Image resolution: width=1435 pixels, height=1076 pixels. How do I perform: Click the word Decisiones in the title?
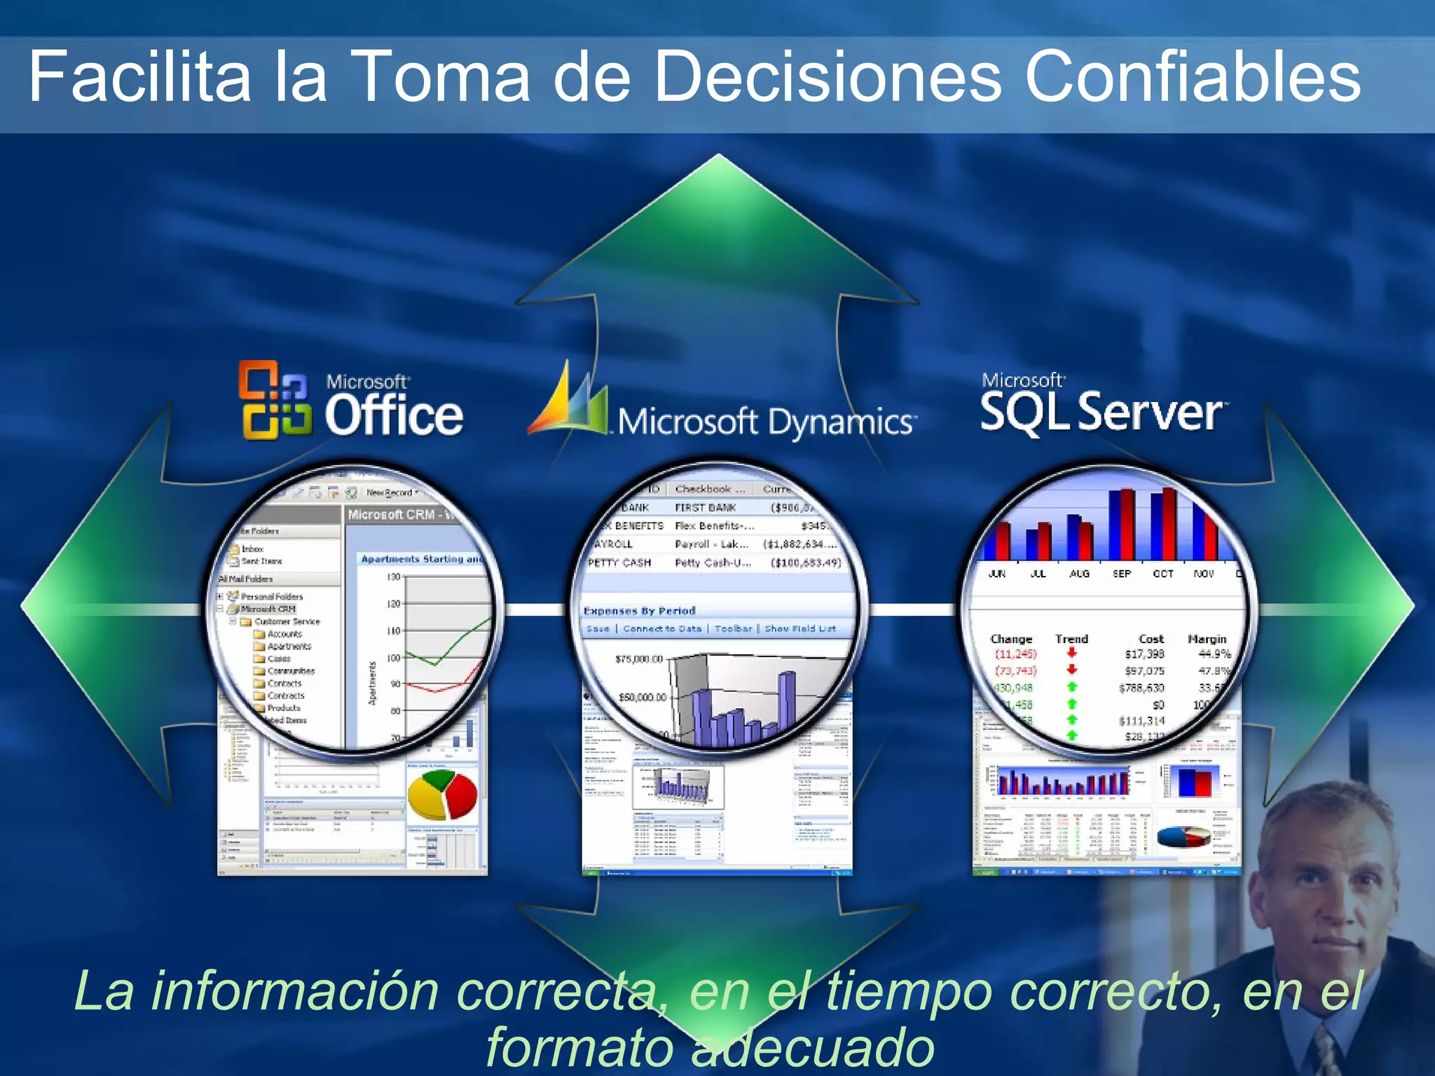tap(828, 77)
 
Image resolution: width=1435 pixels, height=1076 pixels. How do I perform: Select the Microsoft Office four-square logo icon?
tap(275, 400)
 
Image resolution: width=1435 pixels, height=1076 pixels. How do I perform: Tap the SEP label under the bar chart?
tap(1121, 574)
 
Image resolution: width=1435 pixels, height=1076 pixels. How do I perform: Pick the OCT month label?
tap(1162, 574)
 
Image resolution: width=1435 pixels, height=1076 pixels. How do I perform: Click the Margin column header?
tap(1207, 639)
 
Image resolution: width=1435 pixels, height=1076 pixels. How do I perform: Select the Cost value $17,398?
tap(1144, 654)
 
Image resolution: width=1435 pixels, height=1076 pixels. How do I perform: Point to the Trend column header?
tap(1071, 639)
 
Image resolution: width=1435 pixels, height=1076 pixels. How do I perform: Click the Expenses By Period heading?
tap(639, 611)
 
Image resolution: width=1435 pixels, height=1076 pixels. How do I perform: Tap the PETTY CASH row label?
tap(619, 563)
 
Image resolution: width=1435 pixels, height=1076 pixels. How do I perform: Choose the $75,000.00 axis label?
tap(638, 659)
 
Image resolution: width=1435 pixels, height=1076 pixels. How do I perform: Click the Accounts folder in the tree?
tap(284, 634)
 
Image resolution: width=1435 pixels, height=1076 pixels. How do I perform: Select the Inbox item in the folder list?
tap(252, 549)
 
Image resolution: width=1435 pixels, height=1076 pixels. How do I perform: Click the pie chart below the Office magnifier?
tap(442, 795)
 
